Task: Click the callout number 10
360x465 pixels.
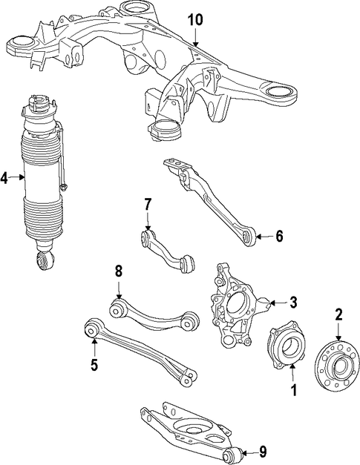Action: tap(195, 20)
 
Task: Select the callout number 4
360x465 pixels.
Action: tap(4, 178)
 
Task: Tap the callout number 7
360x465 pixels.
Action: tap(148, 205)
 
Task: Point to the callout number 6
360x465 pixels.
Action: tap(279, 237)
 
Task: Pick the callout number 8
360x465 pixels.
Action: tap(119, 271)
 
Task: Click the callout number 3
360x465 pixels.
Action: tap(293, 303)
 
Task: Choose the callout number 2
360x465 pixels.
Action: tap(338, 314)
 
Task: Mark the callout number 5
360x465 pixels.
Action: tap(94, 365)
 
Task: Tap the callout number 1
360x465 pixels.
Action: tap(293, 390)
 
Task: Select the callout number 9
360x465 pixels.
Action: tap(263, 452)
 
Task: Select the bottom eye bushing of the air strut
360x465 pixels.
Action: tap(45, 260)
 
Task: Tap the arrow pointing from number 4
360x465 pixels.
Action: tap(16, 177)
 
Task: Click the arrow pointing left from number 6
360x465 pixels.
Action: tap(264, 237)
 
